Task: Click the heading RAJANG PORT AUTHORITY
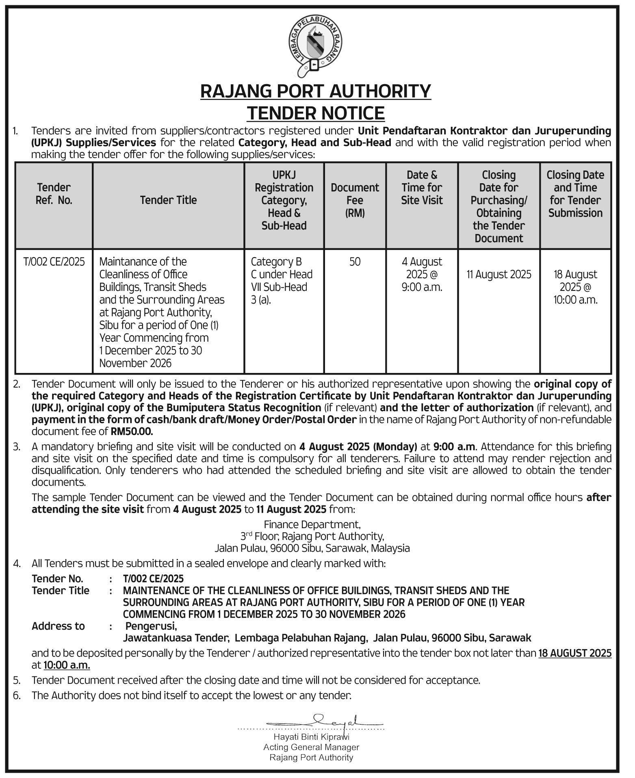coord(315,91)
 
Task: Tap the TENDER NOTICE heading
coord(316,113)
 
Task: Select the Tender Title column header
coord(168,200)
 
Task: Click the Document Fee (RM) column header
coord(355,200)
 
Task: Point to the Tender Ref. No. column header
coord(54,194)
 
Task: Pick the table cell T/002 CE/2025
coord(54,262)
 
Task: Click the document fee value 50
coord(355,262)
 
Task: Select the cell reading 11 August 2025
coord(498,275)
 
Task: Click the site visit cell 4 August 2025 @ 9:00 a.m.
coord(422,274)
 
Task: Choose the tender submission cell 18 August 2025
coord(575,287)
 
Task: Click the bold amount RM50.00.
coord(132,431)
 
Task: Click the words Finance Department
coord(312,524)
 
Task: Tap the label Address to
coord(58,626)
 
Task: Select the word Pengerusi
coord(151,626)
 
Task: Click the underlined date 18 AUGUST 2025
coord(575,653)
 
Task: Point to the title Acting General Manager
coord(311,747)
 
